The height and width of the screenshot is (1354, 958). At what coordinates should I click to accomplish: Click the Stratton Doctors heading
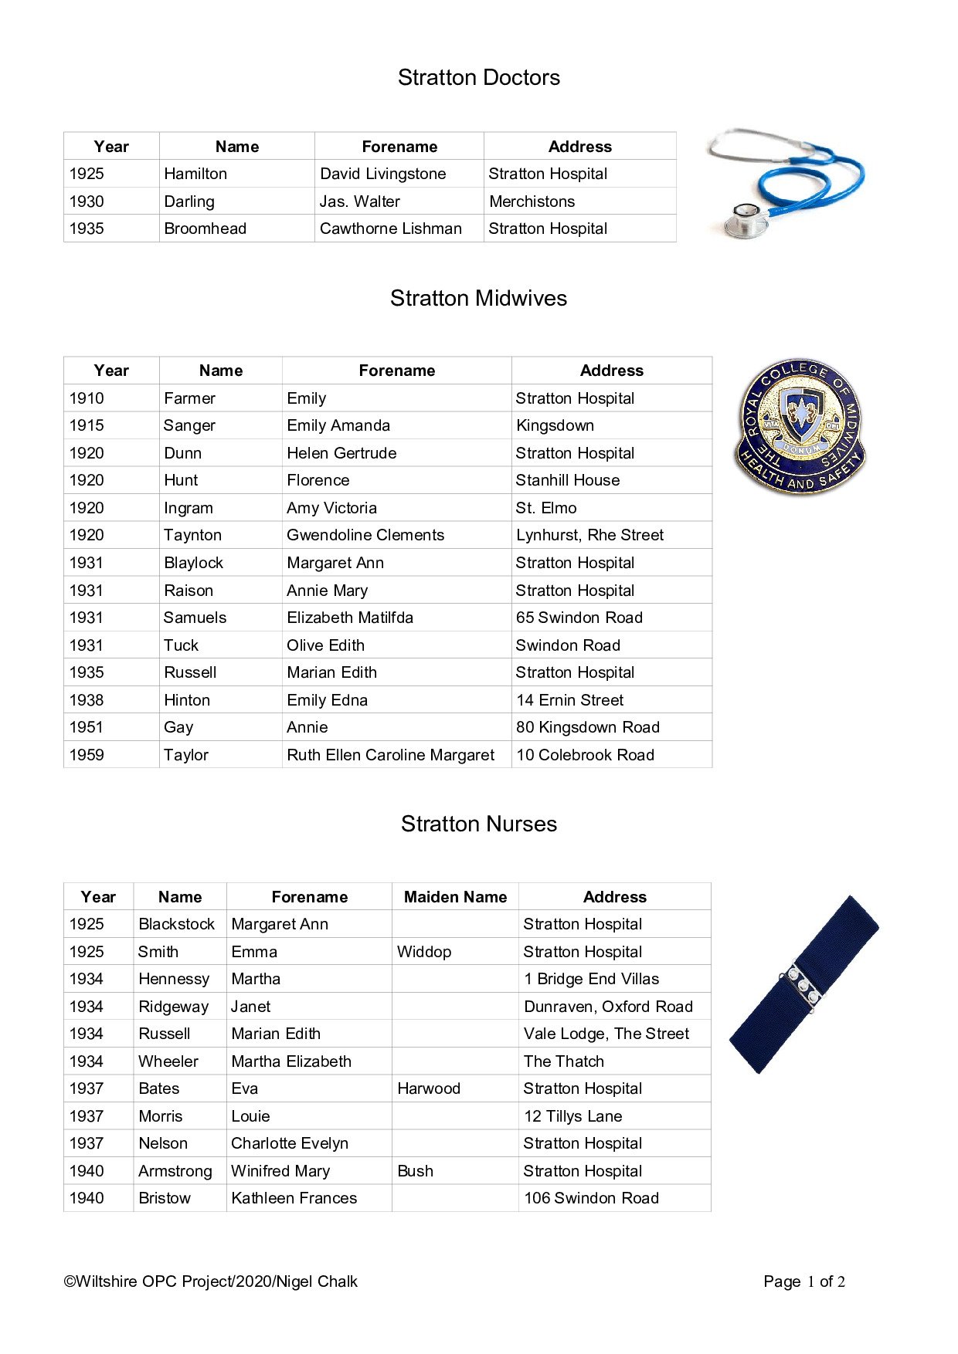click(478, 77)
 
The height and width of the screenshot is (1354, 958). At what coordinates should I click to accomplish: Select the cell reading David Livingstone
click(383, 174)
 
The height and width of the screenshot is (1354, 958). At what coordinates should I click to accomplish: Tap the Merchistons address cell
click(532, 201)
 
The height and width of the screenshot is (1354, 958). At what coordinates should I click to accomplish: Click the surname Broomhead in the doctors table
click(206, 228)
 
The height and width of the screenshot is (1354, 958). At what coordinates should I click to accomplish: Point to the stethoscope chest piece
click(746, 219)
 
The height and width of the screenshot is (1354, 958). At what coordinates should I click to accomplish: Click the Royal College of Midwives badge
click(800, 425)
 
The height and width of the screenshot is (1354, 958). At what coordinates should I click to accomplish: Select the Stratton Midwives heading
click(478, 298)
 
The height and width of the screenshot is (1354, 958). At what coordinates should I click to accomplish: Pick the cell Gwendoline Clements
click(365, 535)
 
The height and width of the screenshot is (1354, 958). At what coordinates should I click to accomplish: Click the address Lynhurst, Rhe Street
click(589, 535)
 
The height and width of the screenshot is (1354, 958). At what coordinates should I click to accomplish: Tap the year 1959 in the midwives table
click(87, 755)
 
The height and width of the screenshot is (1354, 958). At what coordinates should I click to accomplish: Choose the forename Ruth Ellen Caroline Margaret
click(390, 755)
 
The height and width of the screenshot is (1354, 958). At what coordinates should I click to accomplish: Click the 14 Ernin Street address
click(569, 700)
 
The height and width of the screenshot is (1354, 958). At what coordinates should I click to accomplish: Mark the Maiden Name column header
click(455, 897)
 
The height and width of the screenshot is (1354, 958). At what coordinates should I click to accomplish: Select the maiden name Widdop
click(424, 952)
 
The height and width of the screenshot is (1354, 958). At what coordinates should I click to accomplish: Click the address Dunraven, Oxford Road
click(608, 1007)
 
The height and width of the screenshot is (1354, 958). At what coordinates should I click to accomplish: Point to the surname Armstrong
click(175, 1171)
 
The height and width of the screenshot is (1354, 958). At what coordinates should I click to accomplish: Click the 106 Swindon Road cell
click(591, 1198)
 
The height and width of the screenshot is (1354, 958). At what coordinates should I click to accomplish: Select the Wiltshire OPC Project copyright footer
click(210, 1281)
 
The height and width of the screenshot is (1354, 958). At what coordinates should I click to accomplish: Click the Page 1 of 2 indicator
click(803, 1281)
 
